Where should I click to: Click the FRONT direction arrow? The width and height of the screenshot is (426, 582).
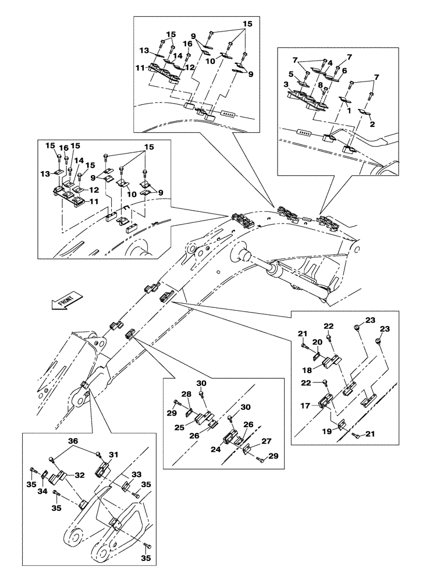click(x=63, y=301)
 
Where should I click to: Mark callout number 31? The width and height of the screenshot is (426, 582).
click(x=113, y=455)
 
